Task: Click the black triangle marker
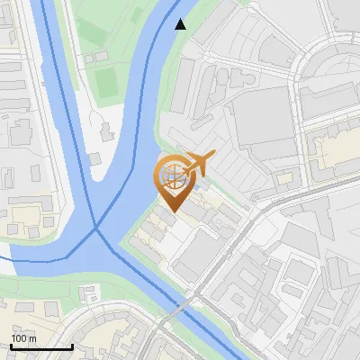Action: point(181,24)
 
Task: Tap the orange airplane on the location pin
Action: point(197,164)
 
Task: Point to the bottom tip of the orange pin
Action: point(172,211)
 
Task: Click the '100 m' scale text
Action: point(23,337)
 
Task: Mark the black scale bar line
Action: point(41,346)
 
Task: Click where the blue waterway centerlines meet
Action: point(96,229)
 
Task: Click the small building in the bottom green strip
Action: point(88,294)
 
